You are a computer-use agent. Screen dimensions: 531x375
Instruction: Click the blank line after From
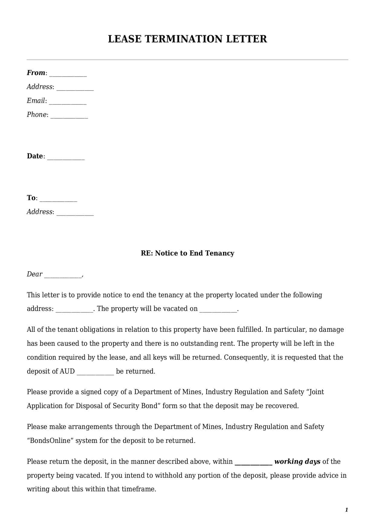pos(68,74)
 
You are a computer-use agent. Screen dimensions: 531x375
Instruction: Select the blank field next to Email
pos(68,102)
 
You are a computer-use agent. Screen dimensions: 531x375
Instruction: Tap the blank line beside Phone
pos(69,116)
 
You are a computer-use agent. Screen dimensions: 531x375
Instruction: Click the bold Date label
pos(35,156)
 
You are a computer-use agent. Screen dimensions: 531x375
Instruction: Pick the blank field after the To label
pos(58,199)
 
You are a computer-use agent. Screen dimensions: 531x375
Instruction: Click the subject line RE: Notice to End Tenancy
pos(187,253)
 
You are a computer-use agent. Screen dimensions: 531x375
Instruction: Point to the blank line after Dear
pos(63,275)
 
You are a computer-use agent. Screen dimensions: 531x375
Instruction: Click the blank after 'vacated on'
pos(218,310)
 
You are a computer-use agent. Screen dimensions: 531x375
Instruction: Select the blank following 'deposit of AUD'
pos(95,373)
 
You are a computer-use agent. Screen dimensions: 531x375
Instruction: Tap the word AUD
pos(67,371)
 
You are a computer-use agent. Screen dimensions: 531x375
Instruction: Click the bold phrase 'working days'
pos(297,461)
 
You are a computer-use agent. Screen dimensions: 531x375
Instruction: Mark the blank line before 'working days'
pos(254,463)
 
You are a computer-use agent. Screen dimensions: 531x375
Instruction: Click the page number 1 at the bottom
pos(347,510)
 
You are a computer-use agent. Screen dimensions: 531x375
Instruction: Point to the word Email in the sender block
pos(36,101)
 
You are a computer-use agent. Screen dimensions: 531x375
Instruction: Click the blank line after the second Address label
pos(75,213)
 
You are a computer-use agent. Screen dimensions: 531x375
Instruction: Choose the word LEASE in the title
pos(124,39)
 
